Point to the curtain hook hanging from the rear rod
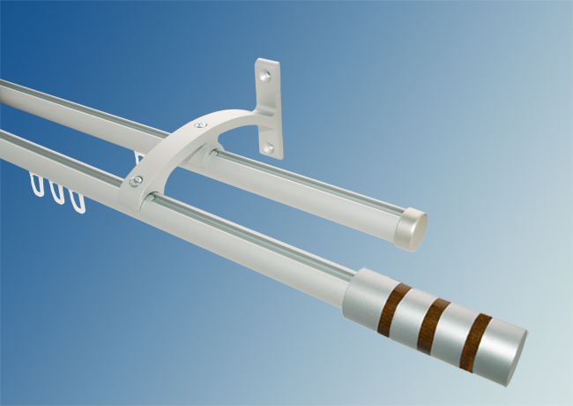(x=138, y=158)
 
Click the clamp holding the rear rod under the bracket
(x=214, y=158)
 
